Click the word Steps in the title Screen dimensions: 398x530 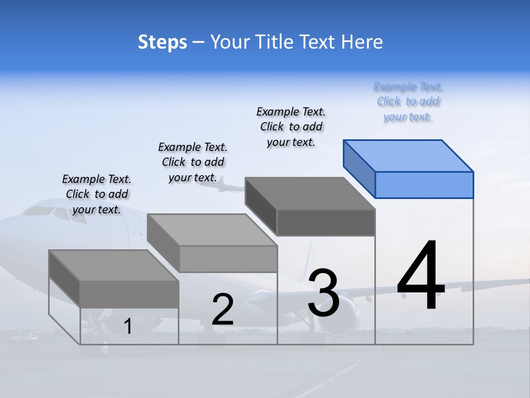coord(162,42)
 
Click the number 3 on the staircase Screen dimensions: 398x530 coord(324,293)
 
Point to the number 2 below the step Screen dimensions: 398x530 coord(222,310)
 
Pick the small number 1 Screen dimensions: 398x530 coord(128,327)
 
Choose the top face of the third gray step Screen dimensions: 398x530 coord(310,193)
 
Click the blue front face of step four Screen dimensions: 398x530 coord(424,185)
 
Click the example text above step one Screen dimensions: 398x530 coord(97,194)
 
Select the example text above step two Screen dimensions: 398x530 coord(193,162)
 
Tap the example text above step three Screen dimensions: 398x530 coord(291,127)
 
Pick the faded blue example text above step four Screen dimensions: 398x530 coord(408,102)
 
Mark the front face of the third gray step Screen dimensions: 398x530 coord(326,222)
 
